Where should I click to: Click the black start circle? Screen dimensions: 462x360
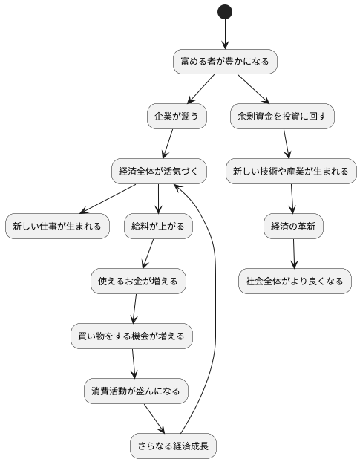click(225, 12)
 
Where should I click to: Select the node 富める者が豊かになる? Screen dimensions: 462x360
click(225, 62)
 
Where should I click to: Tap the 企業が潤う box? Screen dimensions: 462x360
click(177, 117)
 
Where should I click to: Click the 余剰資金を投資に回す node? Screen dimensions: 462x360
click(282, 117)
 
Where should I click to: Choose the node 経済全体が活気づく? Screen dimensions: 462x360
click(159, 172)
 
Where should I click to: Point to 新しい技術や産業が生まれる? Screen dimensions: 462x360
click(291, 172)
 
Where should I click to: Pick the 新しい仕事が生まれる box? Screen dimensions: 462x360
click(57, 226)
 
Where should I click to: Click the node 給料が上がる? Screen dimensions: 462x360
click(159, 226)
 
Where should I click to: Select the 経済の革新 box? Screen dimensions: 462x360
click(293, 226)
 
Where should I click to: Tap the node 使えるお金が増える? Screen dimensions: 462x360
click(138, 281)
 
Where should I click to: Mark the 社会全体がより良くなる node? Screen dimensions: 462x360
click(295, 281)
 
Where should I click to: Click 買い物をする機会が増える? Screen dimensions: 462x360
click(131, 336)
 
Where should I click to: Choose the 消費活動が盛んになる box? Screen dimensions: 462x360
click(135, 391)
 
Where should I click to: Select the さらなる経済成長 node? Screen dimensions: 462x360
click(173, 446)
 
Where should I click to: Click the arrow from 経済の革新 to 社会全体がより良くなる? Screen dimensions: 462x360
click(294, 253)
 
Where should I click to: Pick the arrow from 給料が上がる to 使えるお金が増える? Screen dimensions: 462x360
click(149, 253)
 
